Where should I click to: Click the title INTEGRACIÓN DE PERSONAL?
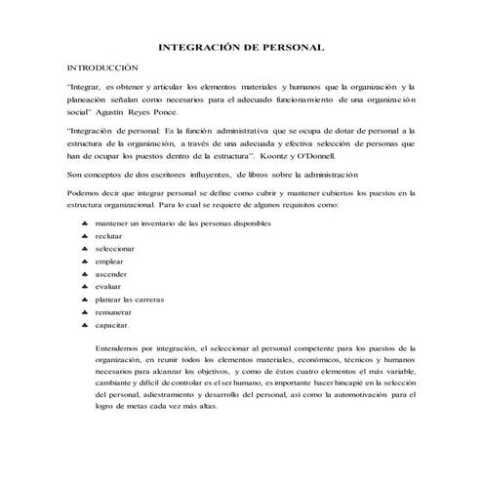241,47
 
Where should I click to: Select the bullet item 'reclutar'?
109,237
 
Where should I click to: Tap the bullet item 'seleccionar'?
114,250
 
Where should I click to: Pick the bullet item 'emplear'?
110,262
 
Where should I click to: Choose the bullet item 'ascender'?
111,275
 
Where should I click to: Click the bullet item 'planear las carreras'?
130,300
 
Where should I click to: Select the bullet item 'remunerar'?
113,312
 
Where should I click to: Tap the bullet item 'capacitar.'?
112,325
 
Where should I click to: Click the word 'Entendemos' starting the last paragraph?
121,347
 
